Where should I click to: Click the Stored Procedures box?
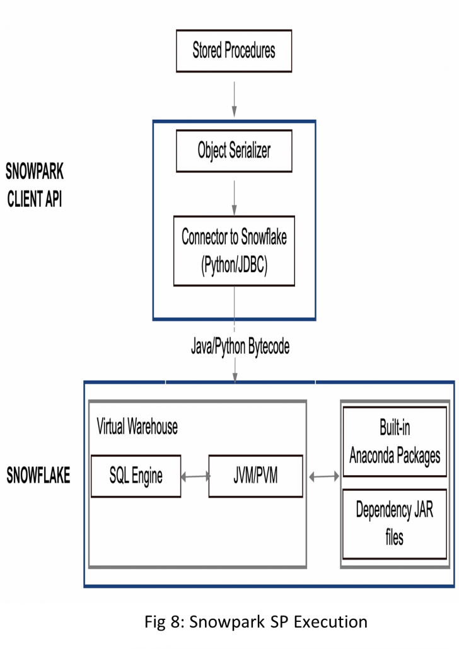tap(233, 51)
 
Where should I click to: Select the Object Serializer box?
tap(235, 151)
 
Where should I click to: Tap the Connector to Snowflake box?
tap(234, 251)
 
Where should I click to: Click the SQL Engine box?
tap(136, 476)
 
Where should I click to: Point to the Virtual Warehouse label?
tap(137, 427)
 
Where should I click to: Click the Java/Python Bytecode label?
tap(240, 347)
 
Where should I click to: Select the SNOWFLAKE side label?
tap(38, 476)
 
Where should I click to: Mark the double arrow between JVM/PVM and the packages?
tap(323, 477)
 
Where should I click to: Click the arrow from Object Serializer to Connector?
tap(235, 195)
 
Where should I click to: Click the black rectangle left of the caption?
tap(66, 626)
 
